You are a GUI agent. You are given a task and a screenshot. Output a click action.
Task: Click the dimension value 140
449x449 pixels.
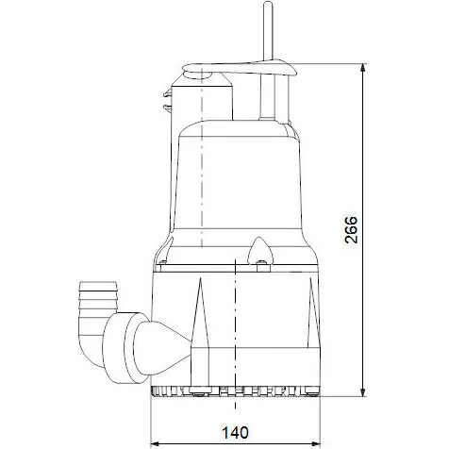234,433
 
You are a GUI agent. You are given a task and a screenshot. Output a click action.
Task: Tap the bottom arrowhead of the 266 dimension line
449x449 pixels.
364,390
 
